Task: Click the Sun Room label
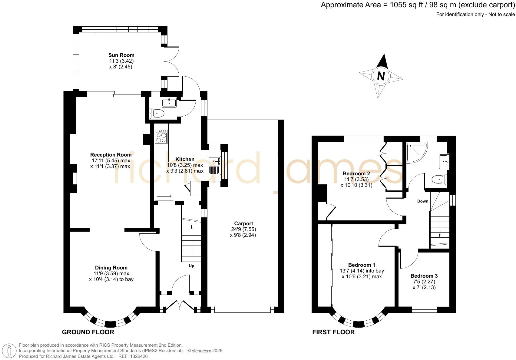point(121,55)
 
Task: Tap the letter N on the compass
point(381,76)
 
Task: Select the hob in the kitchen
point(161,137)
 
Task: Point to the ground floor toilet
point(157,114)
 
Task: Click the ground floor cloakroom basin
point(169,103)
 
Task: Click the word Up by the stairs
point(191,266)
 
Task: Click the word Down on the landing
point(423,201)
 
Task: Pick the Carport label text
point(243,224)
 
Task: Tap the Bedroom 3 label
point(424,276)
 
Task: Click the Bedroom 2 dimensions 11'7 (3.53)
point(356,179)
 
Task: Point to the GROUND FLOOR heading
point(88,332)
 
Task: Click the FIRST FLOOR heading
point(333,332)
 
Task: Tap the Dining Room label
point(111,268)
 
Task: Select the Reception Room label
point(111,155)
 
